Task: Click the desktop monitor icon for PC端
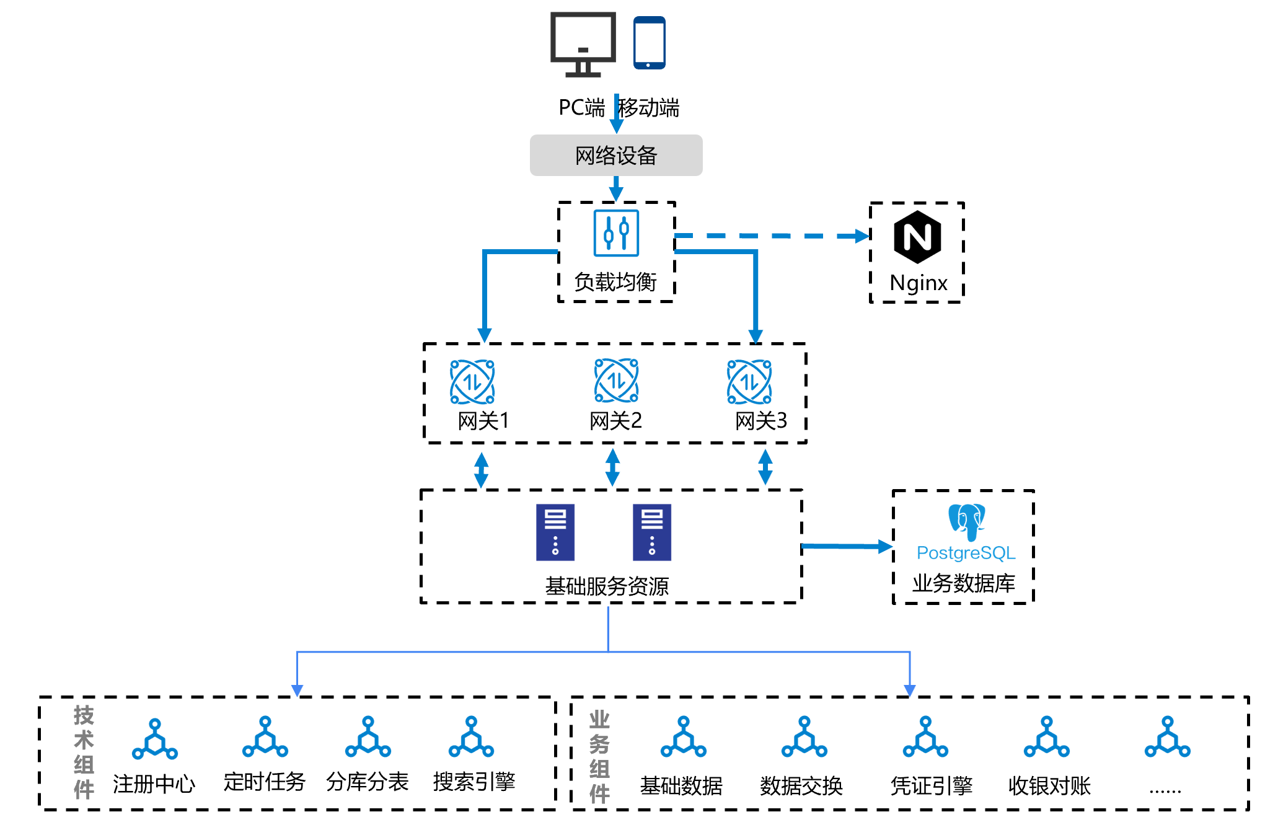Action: coord(583,43)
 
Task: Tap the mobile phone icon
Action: coord(649,42)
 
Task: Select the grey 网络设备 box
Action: coord(615,155)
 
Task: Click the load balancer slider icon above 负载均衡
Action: coord(616,233)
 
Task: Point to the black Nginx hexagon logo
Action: coord(917,237)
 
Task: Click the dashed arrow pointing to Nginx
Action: coord(772,236)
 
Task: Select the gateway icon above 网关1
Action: coord(472,382)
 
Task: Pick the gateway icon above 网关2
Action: coord(616,381)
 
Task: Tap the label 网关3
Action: coord(761,421)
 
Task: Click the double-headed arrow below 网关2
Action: coord(612,467)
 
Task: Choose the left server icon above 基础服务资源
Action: coord(555,532)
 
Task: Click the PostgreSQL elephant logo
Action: coord(966,521)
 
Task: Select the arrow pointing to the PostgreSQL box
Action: coord(847,546)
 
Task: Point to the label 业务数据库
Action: coord(964,583)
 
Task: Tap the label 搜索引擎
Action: coord(474,782)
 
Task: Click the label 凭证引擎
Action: coord(932,786)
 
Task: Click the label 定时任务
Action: coord(265,782)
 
